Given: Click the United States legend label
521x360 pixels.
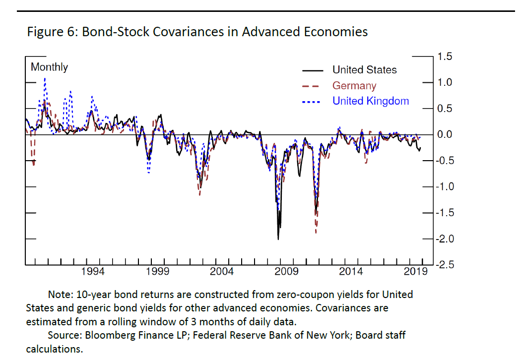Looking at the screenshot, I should [x=364, y=70].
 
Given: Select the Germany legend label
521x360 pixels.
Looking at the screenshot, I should [x=354, y=86].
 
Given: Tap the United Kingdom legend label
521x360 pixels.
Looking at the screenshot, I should [x=370, y=101].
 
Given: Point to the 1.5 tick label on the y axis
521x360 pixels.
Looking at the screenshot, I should [x=445, y=57].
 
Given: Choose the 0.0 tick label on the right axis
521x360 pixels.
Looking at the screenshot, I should [x=445, y=134].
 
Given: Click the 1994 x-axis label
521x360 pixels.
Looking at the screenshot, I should [x=93, y=271].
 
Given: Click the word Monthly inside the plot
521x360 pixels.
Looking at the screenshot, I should [x=49, y=67].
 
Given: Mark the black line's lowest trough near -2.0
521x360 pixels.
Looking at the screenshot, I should [x=278, y=239].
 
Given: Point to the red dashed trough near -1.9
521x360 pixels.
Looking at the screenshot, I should [x=316, y=232].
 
